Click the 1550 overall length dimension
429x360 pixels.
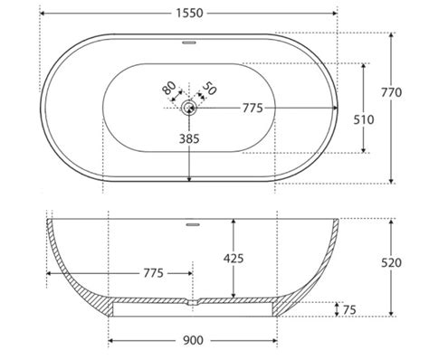coord(189,14)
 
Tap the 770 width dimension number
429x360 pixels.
coord(391,92)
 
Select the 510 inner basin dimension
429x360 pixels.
coord(364,120)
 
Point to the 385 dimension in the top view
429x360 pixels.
coord(189,139)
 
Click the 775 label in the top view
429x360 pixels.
coord(253,108)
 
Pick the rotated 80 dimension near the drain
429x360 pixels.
coord(169,88)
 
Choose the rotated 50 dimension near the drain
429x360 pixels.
coord(209,88)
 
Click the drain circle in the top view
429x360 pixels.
coord(189,108)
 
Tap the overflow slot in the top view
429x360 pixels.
coord(189,43)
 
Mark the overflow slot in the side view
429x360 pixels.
coord(193,224)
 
